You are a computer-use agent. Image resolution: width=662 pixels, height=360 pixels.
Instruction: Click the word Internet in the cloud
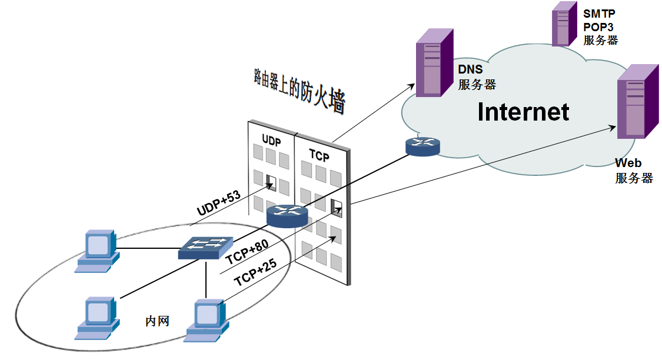[523, 111]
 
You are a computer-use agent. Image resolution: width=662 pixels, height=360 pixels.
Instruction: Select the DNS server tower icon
[434, 62]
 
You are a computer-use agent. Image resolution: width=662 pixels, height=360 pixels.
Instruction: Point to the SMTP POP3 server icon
[563, 24]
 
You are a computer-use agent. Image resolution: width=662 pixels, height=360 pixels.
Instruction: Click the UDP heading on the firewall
[271, 142]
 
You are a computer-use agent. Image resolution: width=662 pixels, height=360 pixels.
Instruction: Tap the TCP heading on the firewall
[319, 155]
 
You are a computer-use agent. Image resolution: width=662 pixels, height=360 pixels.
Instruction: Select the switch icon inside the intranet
[205, 248]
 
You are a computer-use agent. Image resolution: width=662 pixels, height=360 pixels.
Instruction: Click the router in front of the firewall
[287, 216]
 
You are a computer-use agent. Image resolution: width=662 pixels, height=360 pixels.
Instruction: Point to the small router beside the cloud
[422, 146]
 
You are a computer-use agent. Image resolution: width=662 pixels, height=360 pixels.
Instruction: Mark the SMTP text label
[599, 13]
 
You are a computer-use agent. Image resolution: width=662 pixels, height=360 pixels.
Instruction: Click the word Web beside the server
[628, 163]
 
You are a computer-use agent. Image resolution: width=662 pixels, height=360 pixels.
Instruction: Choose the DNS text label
[470, 70]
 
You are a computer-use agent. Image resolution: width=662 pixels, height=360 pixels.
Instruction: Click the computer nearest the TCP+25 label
[207, 319]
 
